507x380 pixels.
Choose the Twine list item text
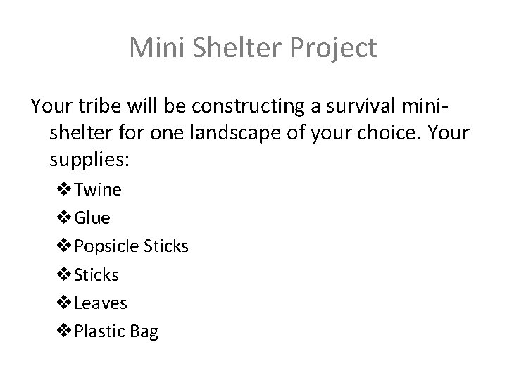click(x=97, y=189)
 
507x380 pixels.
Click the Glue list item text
click(x=92, y=217)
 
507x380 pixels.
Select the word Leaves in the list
click(x=100, y=303)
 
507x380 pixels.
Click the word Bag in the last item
click(x=144, y=331)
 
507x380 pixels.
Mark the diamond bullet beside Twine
click(x=63, y=189)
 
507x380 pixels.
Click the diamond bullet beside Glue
click(x=63, y=217)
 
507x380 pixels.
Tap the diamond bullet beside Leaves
click(x=63, y=303)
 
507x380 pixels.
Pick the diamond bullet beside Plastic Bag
click(x=63, y=331)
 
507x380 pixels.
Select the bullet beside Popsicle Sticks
click(x=63, y=246)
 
